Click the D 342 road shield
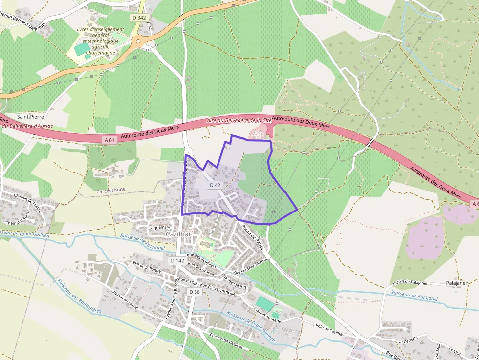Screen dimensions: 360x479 (139, 17)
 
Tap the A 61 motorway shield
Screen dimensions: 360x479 (110, 140)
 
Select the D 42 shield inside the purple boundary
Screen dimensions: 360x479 (215, 185)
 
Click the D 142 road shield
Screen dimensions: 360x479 (177, 261)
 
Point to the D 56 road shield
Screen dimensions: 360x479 (195, 292)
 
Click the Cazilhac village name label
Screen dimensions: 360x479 (179, 234)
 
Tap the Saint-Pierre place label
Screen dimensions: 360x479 (31, 117)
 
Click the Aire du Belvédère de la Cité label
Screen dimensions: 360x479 (239, 120)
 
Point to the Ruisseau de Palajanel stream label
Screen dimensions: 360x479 (414, 296)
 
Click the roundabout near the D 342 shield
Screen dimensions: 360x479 (139, 42)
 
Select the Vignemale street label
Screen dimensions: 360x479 (160, 227)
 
